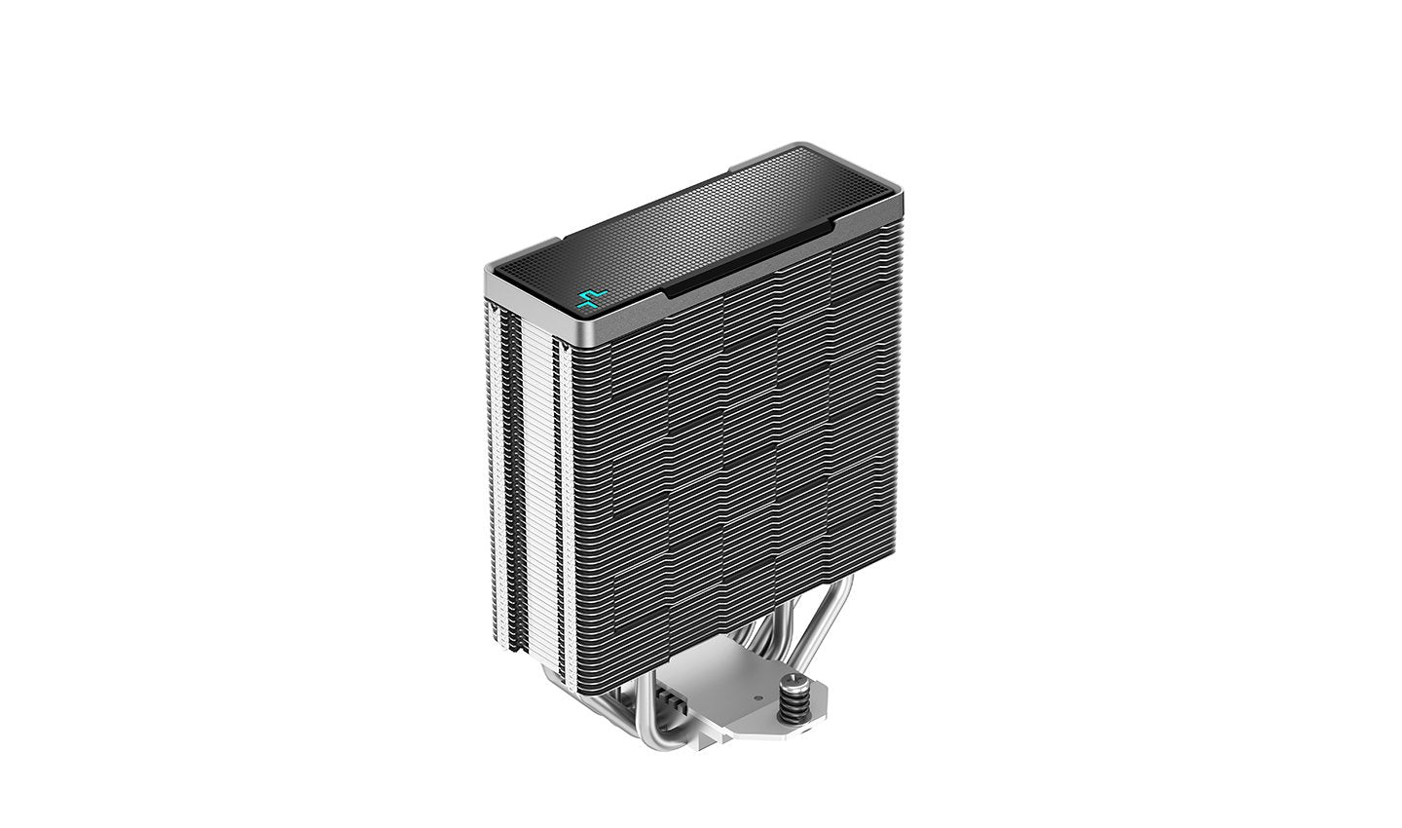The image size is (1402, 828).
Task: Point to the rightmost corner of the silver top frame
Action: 901,201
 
